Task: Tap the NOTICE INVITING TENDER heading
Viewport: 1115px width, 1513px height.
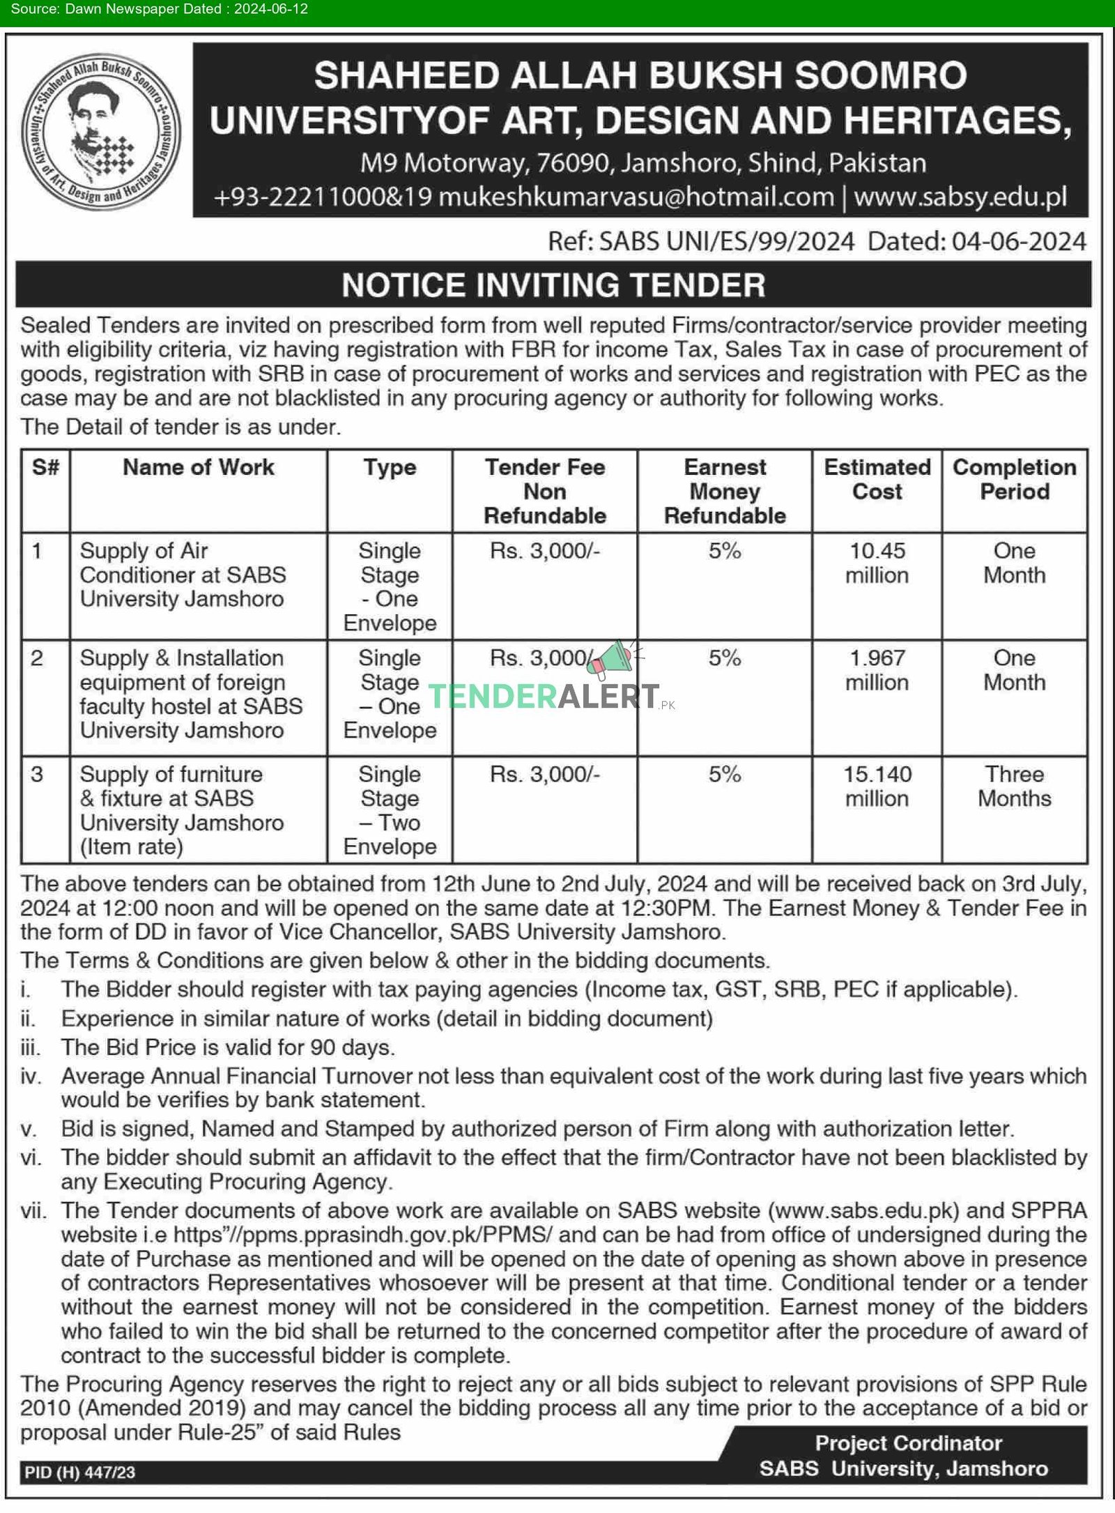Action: coord(553,285)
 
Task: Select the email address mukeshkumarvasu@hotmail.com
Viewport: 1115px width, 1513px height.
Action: coord(636,197)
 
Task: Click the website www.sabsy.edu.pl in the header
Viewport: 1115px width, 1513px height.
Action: coord(960,197)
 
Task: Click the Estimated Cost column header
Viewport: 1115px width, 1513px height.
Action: coord(877,480)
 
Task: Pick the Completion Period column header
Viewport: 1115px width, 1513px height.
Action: coord(1014,480)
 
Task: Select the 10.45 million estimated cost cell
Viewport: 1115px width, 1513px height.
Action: coord(877,563)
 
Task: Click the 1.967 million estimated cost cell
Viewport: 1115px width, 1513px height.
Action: coord(877,670)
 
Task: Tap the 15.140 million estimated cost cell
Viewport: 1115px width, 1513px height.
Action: coord(877,786)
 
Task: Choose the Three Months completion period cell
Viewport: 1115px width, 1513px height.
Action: coord(1014,786)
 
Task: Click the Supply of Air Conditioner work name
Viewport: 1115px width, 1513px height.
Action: coord(182,575)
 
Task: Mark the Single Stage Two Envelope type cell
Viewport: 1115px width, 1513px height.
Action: coord(390,810)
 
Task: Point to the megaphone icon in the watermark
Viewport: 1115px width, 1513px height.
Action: coord(608,659)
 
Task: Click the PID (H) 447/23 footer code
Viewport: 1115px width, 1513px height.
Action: coord(80,1473)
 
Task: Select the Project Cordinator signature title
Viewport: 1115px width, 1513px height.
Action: coord(909,1443)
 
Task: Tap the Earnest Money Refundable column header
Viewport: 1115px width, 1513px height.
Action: coord(724,492)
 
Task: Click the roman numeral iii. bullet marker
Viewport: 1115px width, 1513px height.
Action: coord(31,1048)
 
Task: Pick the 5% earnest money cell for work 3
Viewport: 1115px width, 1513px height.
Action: coord(724,775)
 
